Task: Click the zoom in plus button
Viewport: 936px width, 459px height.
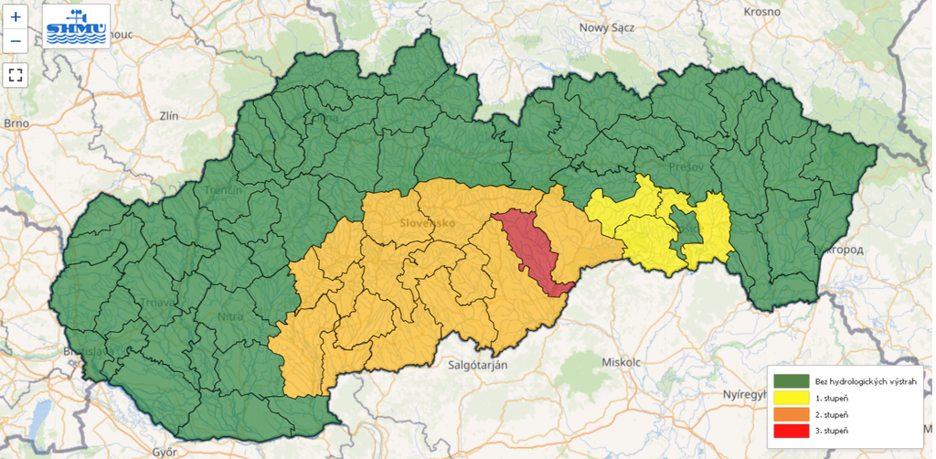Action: pyautogui.click(x=16, y=17)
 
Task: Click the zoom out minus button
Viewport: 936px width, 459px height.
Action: pyautogui.click(x=16, y=41)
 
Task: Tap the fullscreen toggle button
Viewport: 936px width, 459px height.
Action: pyautogui.click(x=16, y=75)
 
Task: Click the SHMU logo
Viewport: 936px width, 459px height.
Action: pyautogui.click(x=77, y=26)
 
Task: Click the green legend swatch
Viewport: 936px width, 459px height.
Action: pyautogui.click(x=791, y=380)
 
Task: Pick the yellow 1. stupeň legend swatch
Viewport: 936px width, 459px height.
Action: pyautogui.click(x=791, y=398)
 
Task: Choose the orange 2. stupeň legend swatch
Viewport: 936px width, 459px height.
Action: pyautogui.click(x=791, y=414)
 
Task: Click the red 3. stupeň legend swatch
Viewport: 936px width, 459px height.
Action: pyautogui.click(x=791, y=431)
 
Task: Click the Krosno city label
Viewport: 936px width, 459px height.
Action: pyautogui.click(x=761, y=12)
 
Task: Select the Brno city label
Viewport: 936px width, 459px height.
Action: pyautogui.click(x=16, y=123)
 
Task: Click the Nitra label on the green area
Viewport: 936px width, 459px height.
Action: pyautogui.click(x=229, y=316)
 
